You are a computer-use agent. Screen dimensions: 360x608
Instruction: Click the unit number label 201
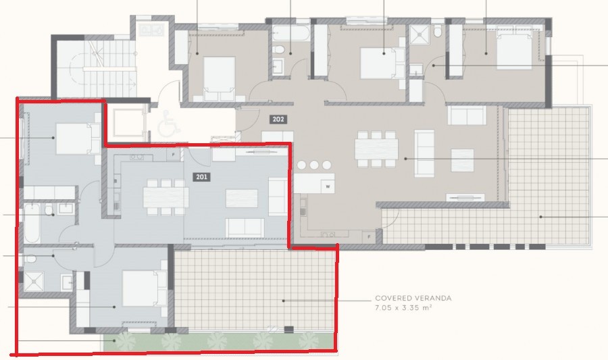(x=201, y=177)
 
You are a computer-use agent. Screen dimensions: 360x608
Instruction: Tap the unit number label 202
(x=278, y=120)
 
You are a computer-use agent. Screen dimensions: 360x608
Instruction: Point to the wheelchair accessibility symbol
(x=166, y=124)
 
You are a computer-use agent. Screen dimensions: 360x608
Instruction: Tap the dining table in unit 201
(x=166, y=196)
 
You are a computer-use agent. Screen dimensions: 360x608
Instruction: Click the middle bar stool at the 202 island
(x=314, y=164)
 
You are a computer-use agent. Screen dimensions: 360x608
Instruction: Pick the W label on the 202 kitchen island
(x=328, y=186)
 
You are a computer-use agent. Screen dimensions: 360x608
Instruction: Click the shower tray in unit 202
(x=419, y=34)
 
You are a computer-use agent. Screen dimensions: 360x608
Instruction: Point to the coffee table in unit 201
(x=241, y=198)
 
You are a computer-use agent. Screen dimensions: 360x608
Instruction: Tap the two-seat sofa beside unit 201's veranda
(x=245, y=227)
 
